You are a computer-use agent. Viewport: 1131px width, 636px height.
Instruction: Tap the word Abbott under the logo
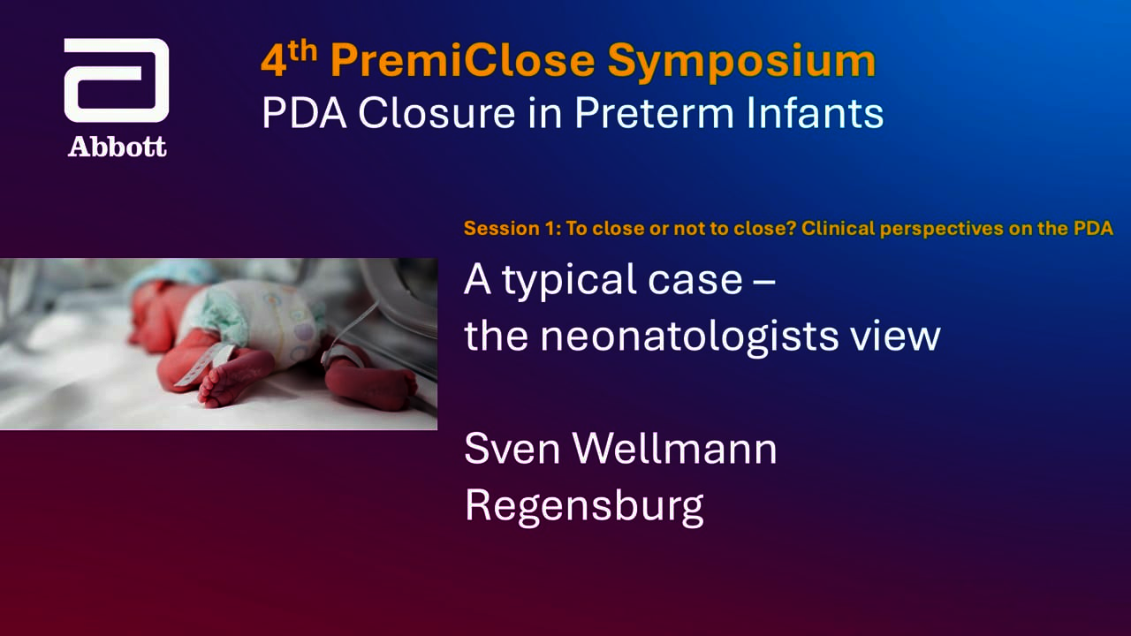(x=118, y=147)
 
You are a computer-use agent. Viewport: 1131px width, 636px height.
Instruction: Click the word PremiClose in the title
(x=463, y=61)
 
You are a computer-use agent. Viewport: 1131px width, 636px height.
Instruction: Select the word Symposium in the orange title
(x=741, y=63)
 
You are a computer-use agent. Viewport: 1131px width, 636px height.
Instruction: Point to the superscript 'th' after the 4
(x=303, y=51)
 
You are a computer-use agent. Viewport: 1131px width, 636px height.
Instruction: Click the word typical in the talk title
(x=571, y=281)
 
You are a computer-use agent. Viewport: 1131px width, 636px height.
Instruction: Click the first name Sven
(x=512, y=449)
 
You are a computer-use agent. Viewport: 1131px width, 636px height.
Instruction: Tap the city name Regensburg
(x=584, y=507)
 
